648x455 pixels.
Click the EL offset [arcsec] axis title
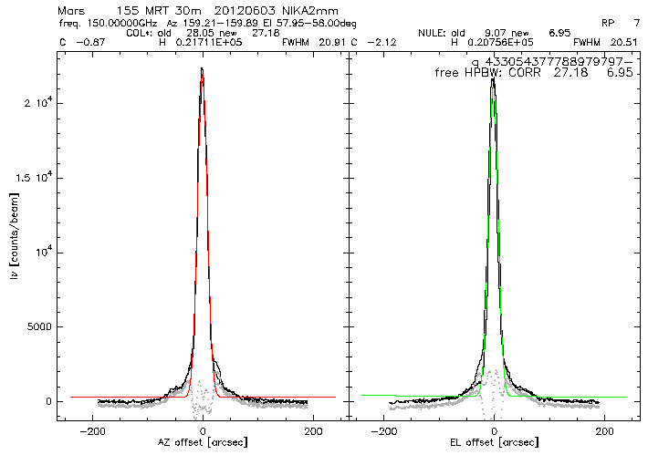pyautogui.click(x=494, y=442)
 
